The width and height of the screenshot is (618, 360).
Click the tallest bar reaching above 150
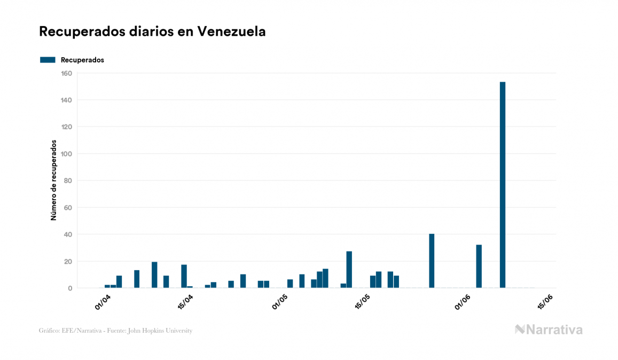[x=503, y=185]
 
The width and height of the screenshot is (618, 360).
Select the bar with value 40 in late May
[x=432, y=261]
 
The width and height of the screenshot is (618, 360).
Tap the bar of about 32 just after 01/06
[x=479, y=267]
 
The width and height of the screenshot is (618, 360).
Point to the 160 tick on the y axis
[x=67, y=73]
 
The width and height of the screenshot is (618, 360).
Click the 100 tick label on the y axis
[x=67, y=154]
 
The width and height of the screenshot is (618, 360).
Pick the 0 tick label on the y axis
[x=70, y=288]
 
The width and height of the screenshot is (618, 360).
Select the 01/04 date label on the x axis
[x=103, y=302]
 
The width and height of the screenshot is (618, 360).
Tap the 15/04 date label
[x=184, y=302]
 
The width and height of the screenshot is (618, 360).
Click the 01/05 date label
[x=280, y=302]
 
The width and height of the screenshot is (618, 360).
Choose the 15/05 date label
[x=362, y=302]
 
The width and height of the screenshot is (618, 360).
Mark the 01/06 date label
[x=463, y=302]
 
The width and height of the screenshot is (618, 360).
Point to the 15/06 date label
[x=545, y=302]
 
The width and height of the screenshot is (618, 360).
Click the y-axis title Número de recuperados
[x=54, y=181]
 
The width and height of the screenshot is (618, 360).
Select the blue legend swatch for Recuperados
[x=48, y=60]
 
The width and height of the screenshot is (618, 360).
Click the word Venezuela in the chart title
[x=231, y=32]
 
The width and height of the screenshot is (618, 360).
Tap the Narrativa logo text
[x=554, y=330]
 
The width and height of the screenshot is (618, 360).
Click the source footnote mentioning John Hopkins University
[x=115, y=331]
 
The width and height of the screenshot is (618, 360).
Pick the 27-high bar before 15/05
[x=349, y=270]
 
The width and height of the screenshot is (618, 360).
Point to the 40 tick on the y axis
[x=68, y=234]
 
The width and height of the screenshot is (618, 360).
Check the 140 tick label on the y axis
[x=67, y=100]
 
